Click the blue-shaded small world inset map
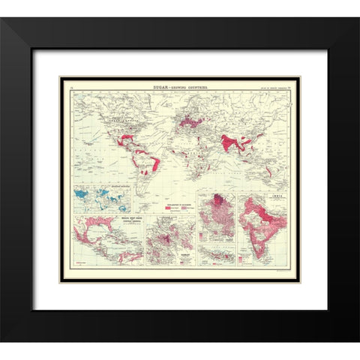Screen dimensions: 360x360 (x=101, y=199)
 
